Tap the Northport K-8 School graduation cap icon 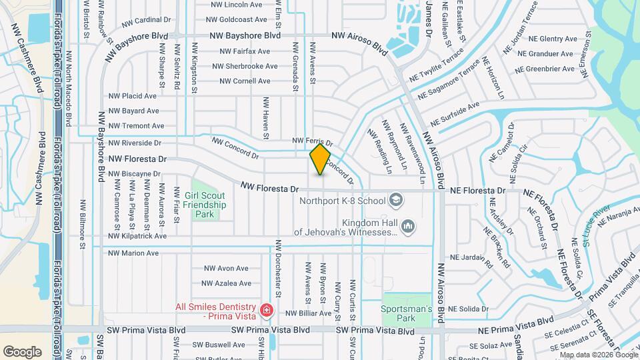click(x=396, y=200)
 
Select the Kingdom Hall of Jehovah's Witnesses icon click(x=409, y=227)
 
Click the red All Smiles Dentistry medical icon click(x=266, y=311)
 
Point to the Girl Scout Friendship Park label click(x=205, y=205)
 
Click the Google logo click(x=23, y=351)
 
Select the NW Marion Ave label click(x=133, y=253)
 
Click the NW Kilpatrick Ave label click(x=137, y=237)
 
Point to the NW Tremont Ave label click(x=136, y=125)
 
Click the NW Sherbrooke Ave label click(x=245, y=67)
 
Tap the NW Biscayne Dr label click(x=134, y=174)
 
